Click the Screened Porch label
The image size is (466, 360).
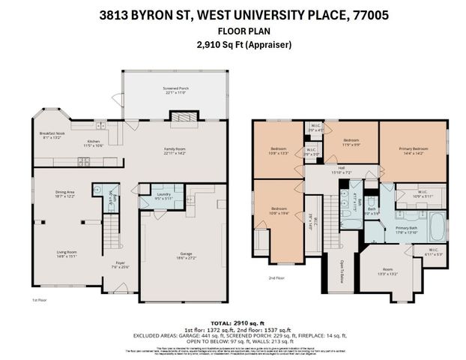[x=176, y=89]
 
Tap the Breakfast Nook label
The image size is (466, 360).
[x=52, y=136]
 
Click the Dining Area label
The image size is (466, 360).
[x=65, y=193]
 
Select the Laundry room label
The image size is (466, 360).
[x=164, y=196]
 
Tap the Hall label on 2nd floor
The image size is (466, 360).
[x=340, y=169]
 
